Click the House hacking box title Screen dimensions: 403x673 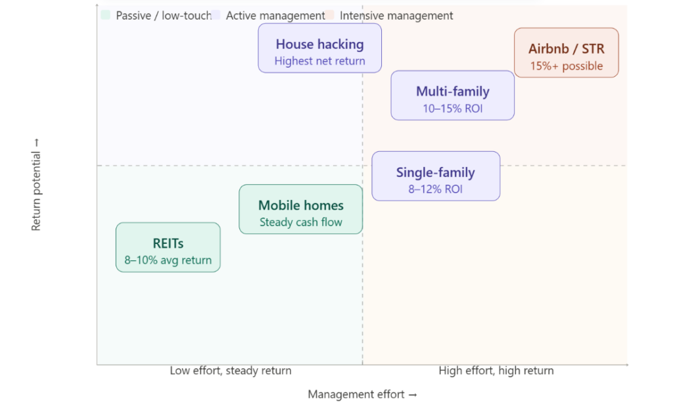click(319, 44)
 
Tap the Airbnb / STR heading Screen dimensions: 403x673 click(566, 49)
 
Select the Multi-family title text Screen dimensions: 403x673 click(452, 92)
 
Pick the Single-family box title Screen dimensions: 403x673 click(435, 173)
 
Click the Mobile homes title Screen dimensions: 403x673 click(300, 206)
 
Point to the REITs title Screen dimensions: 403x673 click(168, 244)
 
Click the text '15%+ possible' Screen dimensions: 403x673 click(566, 66)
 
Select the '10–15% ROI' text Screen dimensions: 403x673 click(452, 108)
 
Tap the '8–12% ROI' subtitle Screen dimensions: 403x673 click(435, 189)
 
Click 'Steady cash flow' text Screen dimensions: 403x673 click(300, 222)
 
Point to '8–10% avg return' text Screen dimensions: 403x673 click(168, 260)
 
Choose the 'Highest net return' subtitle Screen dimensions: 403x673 click(319, 61)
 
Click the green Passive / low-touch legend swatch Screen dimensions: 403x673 click(105, 15)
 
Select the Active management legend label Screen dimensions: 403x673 click(275, 15)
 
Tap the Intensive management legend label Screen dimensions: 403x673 click(396, 15)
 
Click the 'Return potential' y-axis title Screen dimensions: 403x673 click(37, 183)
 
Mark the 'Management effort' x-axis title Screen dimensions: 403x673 click(362, 394)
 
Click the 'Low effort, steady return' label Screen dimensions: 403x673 click(230, 371)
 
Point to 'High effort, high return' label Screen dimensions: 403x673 click(496, 371)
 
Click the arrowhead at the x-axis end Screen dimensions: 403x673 click(626, 364)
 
